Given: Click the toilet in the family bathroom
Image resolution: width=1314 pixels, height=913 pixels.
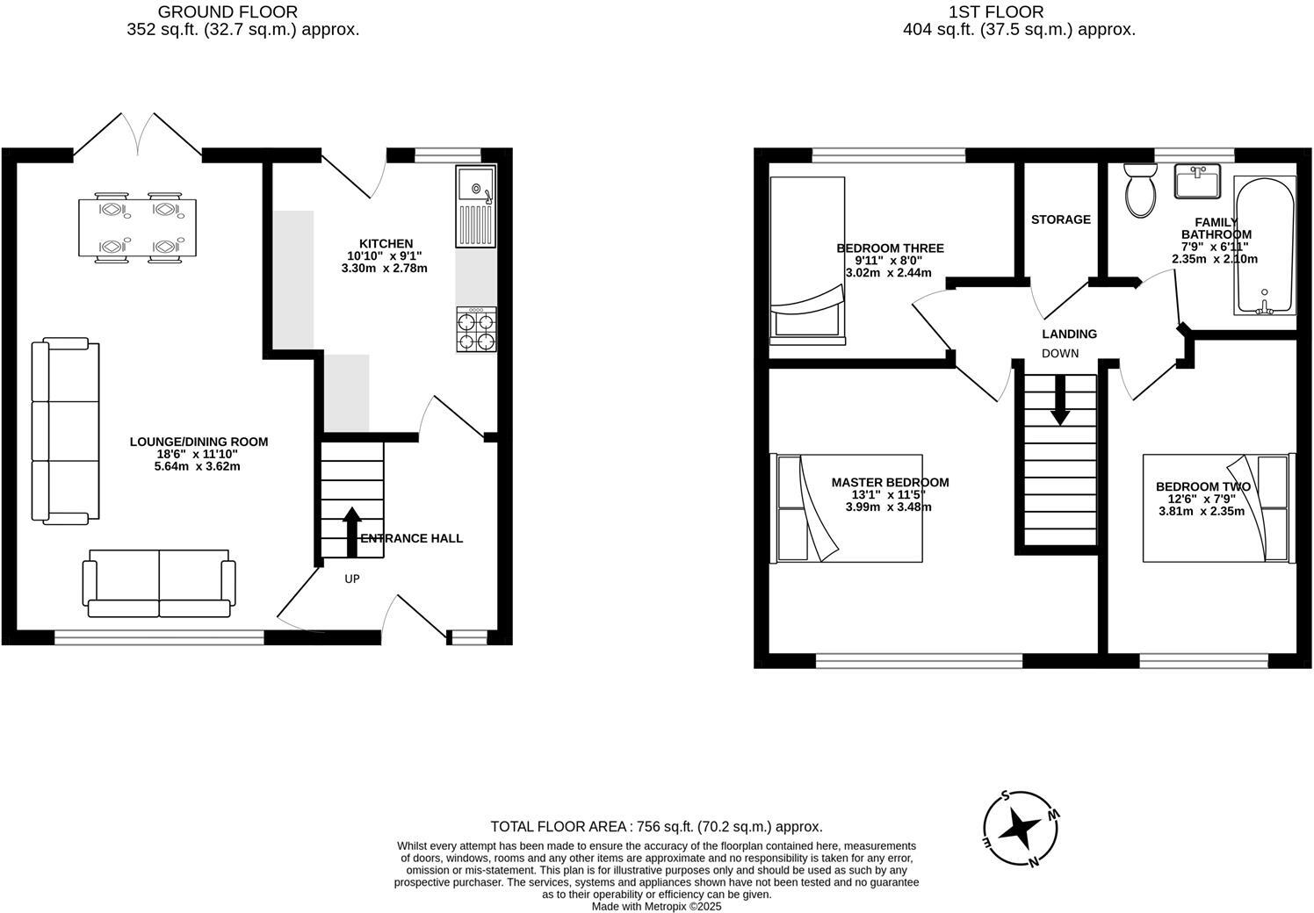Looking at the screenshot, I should pos(1141,191).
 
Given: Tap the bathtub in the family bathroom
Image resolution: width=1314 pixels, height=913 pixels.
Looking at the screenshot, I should pos(1264,246).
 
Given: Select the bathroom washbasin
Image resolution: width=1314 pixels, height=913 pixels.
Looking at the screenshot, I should pos(1197,182).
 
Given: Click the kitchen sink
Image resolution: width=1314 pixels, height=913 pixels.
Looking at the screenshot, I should pos(476,206).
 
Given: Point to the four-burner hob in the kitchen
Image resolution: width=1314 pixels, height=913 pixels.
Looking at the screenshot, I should pos(476,330).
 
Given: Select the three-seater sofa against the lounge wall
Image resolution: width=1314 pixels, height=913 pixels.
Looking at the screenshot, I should pos(65,431).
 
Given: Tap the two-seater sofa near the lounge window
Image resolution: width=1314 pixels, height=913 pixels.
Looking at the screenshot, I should pos(159,583).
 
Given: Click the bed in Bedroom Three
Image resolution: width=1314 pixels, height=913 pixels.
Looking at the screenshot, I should pos(807,258).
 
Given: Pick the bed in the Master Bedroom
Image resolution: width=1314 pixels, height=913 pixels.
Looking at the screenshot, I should pos(848,508).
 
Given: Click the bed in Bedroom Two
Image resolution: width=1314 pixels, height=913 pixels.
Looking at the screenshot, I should pos(1217,508).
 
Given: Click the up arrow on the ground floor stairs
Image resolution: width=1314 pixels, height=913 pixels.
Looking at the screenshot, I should pos(352,531).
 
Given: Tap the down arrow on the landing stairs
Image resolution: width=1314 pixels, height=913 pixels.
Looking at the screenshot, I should pos(1059,400).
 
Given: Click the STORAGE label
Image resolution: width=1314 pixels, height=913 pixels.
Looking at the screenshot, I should pos(1060,219).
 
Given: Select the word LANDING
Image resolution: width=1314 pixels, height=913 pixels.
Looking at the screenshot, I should pos(1069,334).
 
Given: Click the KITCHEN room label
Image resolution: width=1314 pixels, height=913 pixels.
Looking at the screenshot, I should pos(386,243).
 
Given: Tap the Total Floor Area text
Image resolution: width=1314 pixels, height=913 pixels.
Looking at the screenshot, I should pos(656,826).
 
